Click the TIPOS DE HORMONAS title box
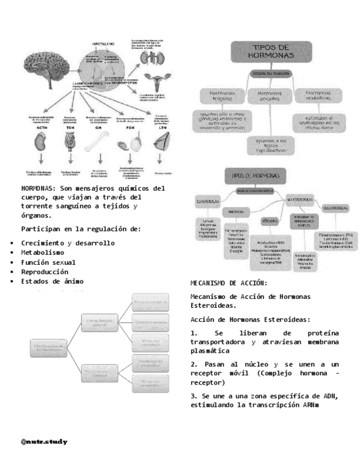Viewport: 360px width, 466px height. (x=272, y=52)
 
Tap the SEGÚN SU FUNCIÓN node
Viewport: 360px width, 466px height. (x=270, y=74)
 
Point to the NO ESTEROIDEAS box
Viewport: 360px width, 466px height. (x=300, y=198)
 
